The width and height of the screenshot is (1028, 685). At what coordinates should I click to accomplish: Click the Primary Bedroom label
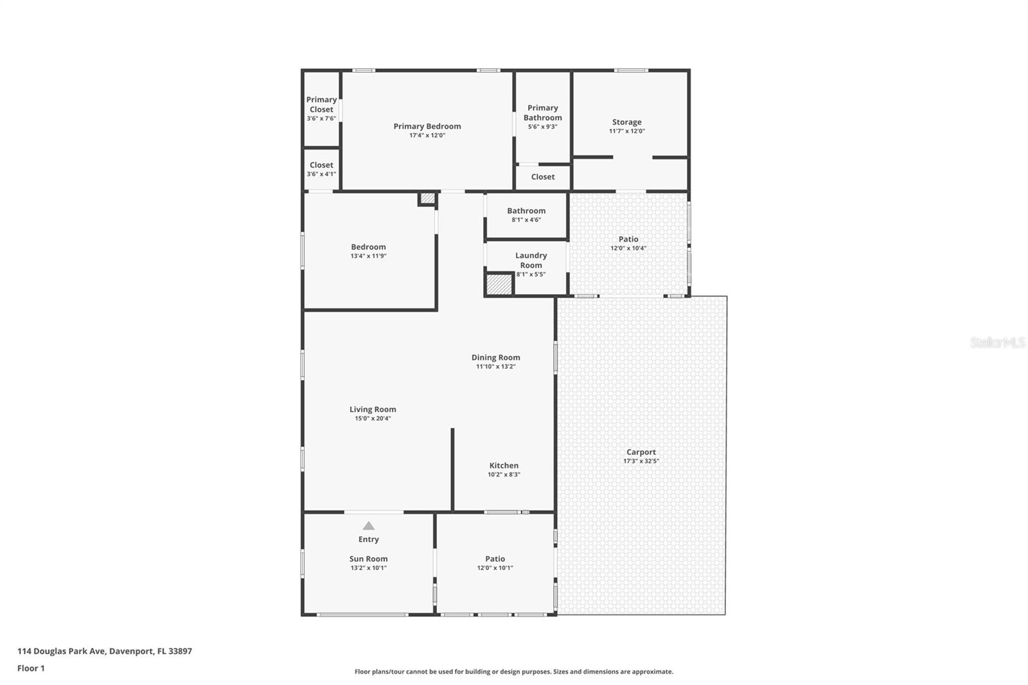coord(427,126)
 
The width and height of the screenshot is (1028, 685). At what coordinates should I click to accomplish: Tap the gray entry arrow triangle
coord(368,526)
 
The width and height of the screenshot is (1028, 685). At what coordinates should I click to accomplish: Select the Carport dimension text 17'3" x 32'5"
coord(641,461)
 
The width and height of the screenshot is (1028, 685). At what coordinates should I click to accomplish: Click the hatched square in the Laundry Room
coord(499,285)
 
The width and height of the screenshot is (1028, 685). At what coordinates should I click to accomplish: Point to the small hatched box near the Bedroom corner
coord(427,199)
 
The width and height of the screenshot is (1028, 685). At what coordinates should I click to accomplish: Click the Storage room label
coord(626,122)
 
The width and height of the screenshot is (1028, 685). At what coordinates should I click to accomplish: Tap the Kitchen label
coord(504,465)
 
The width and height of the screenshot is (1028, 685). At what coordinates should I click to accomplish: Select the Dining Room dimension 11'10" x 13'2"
coord(495,367)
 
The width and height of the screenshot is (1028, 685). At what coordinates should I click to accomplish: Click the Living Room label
coord(373,409)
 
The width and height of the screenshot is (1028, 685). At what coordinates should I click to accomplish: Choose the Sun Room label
coord(368,559)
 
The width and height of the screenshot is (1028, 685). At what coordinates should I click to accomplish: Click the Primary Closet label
coord(321,104)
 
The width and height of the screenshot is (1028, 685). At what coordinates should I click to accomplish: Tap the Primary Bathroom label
coord(542,112)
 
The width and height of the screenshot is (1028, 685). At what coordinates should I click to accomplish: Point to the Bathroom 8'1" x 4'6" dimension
coord(526,220)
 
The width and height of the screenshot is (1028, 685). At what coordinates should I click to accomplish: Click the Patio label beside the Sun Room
coord(495,559)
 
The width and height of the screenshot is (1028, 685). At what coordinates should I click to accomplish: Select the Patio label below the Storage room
coord(628,239)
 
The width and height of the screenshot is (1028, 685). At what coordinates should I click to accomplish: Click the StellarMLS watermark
coord(997,342)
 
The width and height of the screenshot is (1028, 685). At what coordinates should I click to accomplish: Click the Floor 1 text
coord(31,668)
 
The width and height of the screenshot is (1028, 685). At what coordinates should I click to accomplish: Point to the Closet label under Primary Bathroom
coord(542,177)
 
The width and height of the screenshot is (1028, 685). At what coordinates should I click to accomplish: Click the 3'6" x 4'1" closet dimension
coord(321,174)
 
